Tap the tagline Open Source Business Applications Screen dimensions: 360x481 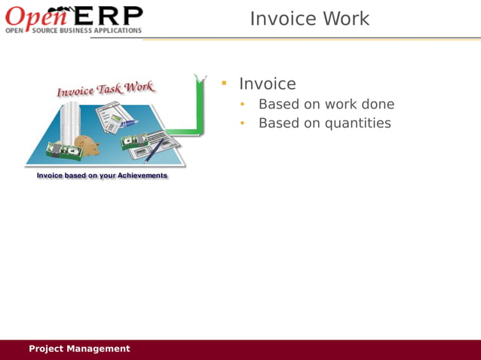tap(73, 31)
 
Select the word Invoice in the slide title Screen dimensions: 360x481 tap(281, 19)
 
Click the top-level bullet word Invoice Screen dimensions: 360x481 tap(267, 84)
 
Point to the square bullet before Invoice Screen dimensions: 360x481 tap(224, 83)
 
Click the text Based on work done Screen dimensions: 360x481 tap(326, 104)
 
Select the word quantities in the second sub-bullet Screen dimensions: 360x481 tap(357, 123)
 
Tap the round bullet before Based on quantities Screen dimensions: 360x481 tap(243, 123)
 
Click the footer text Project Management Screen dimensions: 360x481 tap(79, 349)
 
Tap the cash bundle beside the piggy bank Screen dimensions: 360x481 tap(65, 151)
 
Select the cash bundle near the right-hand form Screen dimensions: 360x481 tap(134, 140)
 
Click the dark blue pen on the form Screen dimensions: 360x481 tap(155, 150)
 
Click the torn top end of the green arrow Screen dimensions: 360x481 tap(200, 78)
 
